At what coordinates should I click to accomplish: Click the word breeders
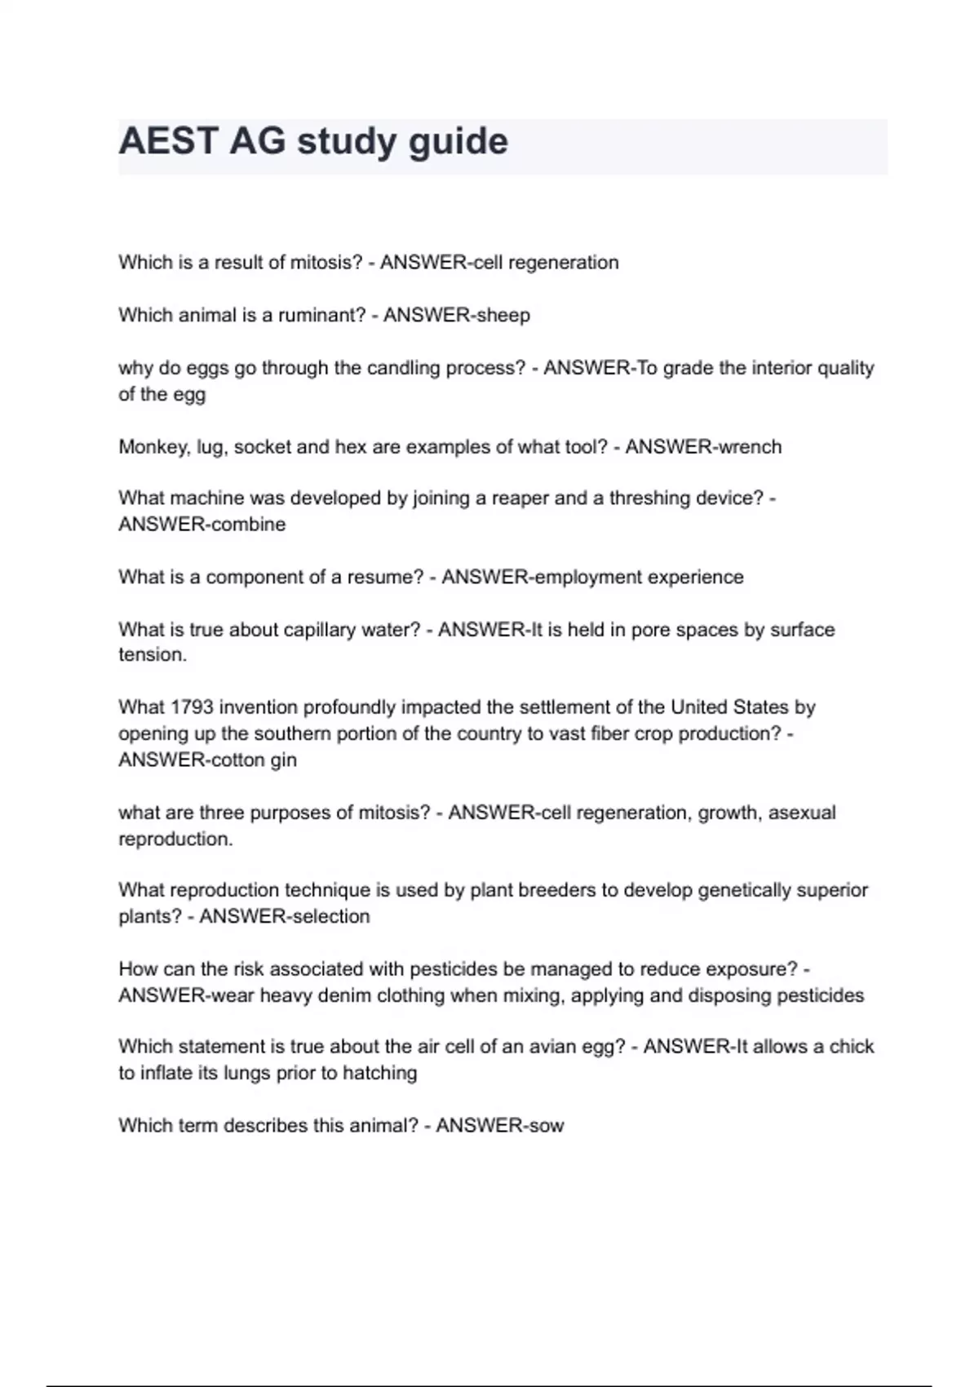tap(556, 889)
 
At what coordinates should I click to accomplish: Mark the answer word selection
tap(330, 916)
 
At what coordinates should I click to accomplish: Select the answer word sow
tap(547, 1126)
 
